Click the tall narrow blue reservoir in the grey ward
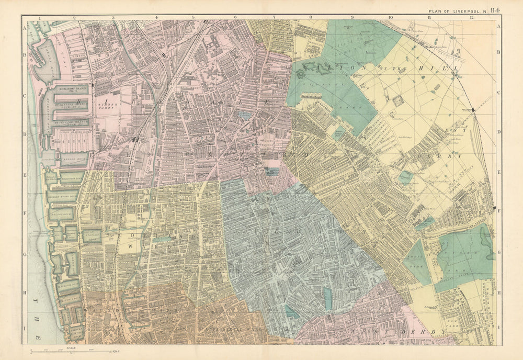pos(328,299)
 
